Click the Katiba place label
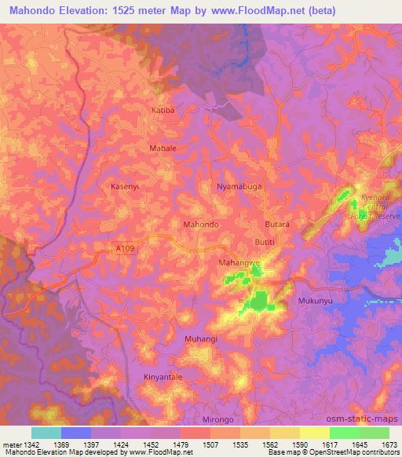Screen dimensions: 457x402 pyautogui.click(x=163, y=111)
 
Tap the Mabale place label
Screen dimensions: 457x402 pyautogui.click(x=163, y=148)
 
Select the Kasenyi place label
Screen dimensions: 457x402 pyautogui.click(x=125, y=186)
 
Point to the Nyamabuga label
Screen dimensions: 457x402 pyautogui.click(x=237, y=187)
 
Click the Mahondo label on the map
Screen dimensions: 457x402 pyautogui.click(x=200, y=225)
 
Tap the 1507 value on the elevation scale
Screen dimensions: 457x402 pyautogui.click(x=210, y=444)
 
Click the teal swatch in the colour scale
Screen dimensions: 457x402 pyautogui.click(x=46, y=433)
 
